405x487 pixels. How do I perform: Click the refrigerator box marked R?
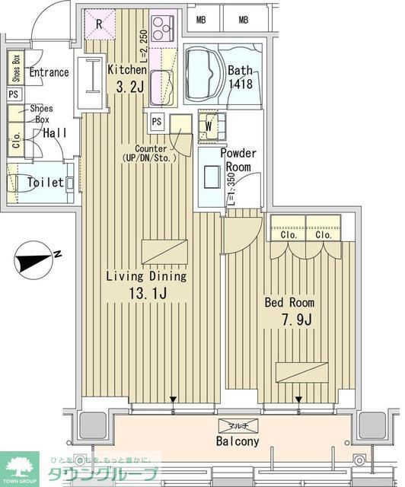99,23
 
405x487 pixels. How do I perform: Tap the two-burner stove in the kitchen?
163,29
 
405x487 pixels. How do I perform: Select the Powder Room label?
238,160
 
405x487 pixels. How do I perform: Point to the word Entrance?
49,73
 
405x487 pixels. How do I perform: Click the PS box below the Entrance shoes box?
14,94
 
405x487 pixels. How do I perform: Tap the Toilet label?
45,183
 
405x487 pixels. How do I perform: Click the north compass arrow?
33,261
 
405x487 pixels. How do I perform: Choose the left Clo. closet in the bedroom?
288,236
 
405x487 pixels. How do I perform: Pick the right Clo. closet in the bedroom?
324,236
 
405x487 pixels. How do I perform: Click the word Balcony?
238,441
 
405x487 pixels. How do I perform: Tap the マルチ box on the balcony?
237,427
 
